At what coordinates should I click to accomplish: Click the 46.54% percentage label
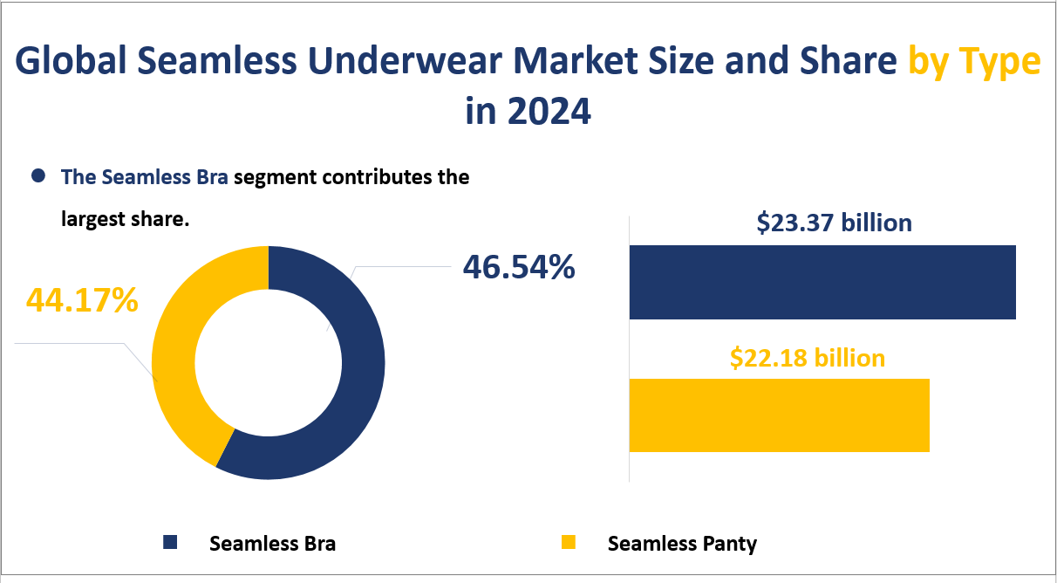tap(518, 267)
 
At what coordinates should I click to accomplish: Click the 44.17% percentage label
tap(82, 299)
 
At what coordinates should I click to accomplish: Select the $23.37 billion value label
tap(834, 223)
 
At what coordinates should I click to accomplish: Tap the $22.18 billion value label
tap(807, 357)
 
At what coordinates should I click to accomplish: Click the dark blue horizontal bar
tap(822, 282)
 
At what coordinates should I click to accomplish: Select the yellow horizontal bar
tap(779, 415)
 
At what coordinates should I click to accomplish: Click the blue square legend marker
tap(170, 543)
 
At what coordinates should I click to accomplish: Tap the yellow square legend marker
tap(569, 543)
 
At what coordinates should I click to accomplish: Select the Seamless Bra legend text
tap(272, 544)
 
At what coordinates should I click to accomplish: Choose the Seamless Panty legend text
tap(682, 544)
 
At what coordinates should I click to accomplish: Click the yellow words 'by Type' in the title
tap(974, 64)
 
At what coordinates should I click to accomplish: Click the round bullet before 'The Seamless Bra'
tap(38, 176)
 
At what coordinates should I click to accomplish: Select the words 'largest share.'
tap(125, 219)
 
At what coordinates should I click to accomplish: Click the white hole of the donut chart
tap(268, 362)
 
